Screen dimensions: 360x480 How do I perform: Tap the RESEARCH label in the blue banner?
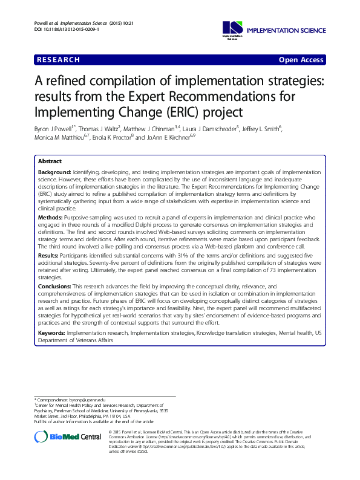pyautogui.click(x=57, y=60)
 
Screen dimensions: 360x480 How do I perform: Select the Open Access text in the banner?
pyautogui.click(x=301, y=60)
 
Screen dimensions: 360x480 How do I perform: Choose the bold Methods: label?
pyautogui.click(x=50, y=216)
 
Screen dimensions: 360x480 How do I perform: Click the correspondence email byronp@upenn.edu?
pyautogui.click(x=88, y=400)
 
